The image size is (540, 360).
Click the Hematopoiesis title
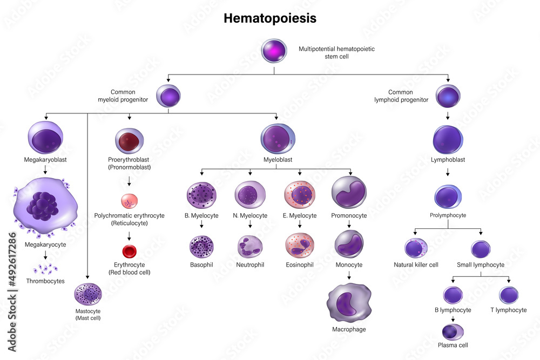[269, 18]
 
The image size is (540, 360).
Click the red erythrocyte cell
[130, 251]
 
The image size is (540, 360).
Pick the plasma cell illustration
[453, 331]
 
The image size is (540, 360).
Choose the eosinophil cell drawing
[300, 246]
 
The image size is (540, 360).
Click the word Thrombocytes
[45, 281]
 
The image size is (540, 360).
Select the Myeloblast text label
[277, 160]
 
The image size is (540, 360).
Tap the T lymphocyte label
[508, 310]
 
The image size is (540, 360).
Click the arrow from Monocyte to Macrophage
[349, 275]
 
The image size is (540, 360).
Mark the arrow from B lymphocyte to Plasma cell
[453, 319]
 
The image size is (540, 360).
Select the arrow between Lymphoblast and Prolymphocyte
[448, 173]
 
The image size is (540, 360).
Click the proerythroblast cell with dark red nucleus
[130, 140]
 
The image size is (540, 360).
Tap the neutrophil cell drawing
[250, 246]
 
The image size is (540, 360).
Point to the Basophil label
[201, 265]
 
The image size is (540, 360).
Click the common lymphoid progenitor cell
[448, 96]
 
